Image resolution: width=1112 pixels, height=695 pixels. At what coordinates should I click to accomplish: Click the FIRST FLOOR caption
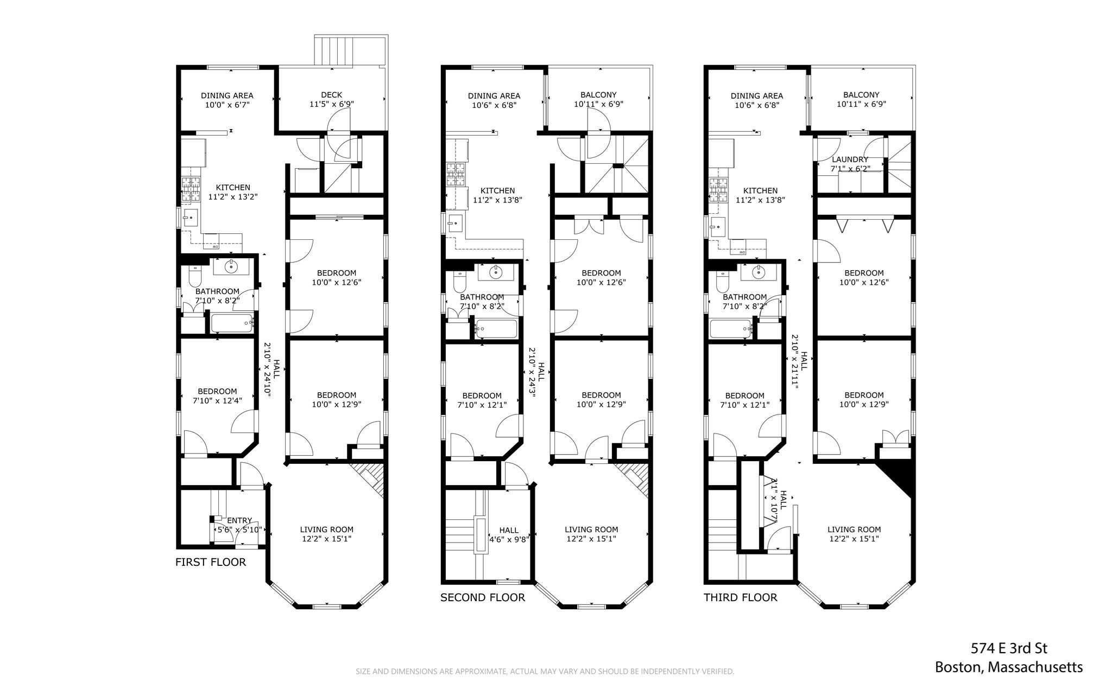[211, 562]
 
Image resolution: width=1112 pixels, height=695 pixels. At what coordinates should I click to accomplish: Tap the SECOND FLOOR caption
[482, 597]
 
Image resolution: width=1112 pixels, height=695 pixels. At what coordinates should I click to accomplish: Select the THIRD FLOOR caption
[740, 597]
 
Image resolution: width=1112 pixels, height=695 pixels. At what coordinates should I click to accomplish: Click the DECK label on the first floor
[331, 95]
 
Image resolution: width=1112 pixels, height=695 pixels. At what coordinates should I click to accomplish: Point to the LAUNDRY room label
[850, 160]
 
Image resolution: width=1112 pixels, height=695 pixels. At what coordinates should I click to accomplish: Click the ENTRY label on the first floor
[239, 520]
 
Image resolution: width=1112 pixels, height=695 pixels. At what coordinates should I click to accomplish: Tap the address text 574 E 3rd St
[1009, 648]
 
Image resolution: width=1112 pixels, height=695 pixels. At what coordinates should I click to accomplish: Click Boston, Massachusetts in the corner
[1008, 667]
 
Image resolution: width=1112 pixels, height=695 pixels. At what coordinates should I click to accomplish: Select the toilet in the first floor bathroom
[194, 277]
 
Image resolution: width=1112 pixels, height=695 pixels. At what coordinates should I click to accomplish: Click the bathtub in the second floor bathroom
[496, 328]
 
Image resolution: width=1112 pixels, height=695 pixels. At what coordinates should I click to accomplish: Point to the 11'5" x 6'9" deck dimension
[331, 104]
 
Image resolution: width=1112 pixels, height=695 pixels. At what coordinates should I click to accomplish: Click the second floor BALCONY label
[598, 95]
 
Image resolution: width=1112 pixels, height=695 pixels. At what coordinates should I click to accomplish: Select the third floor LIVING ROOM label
[854, 530]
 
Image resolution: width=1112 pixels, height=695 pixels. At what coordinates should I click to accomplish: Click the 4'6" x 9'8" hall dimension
[509, 539]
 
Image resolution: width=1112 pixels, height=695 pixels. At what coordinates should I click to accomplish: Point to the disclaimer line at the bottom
[545, 672]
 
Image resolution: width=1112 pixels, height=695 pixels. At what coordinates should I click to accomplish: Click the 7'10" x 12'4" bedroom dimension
[217, 401]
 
